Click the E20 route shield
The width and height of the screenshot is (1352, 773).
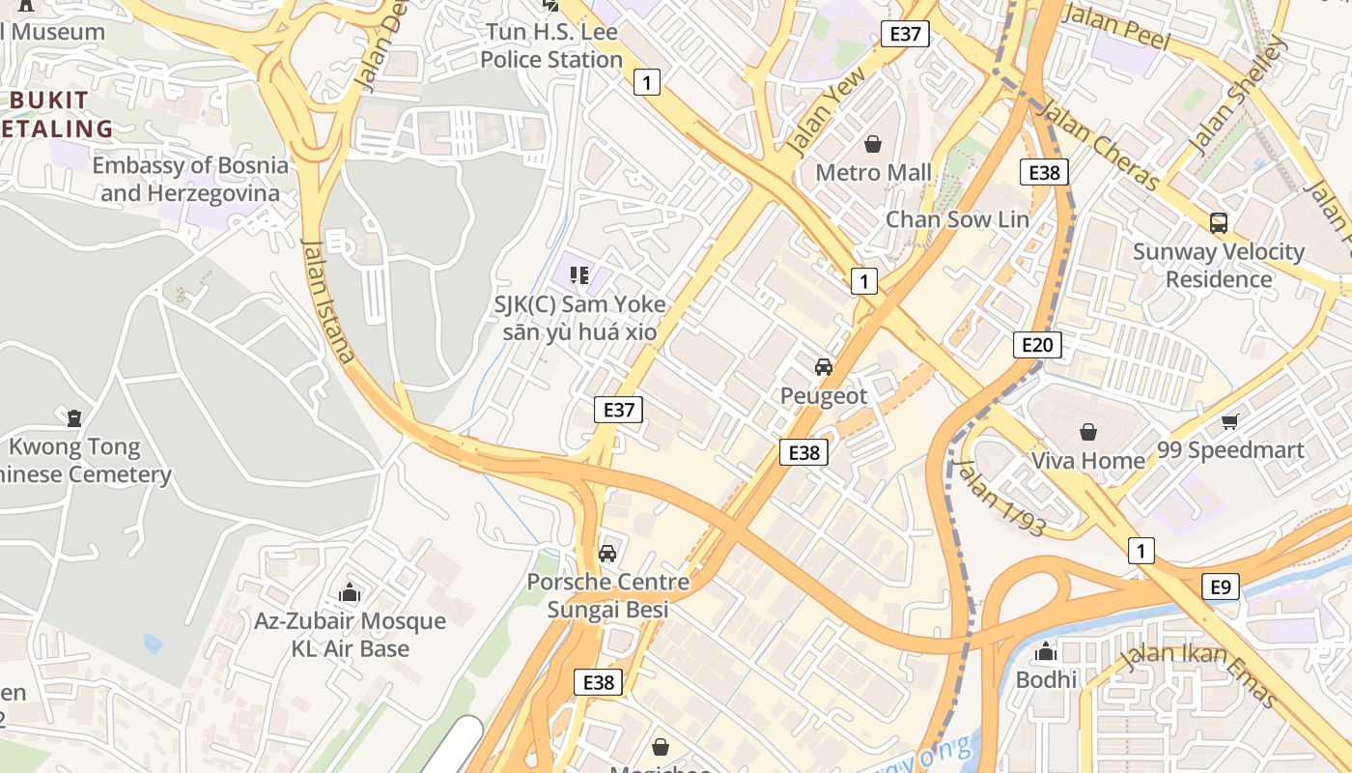[1038, 345]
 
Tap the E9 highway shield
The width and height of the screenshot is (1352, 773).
[1221, 587]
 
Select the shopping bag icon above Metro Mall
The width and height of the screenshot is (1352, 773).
[873, 144]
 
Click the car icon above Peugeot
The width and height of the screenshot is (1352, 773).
[823, 367]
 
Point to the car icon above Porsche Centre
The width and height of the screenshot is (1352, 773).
[607, 554]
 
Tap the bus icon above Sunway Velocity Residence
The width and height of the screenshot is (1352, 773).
[1219, 223]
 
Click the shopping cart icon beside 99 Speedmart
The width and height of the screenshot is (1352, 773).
[1229, 421]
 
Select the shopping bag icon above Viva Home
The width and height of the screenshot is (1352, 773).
[1088, 432]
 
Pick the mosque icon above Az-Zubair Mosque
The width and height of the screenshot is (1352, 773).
[350, 592]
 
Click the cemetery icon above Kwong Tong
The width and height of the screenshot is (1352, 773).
[74, 418]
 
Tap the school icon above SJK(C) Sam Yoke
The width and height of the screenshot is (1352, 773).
[579, 276]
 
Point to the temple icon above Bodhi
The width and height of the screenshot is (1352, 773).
[1045, 652]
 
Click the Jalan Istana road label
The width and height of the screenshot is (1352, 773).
[328, 301]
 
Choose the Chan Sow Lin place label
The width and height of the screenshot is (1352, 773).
[957, 219]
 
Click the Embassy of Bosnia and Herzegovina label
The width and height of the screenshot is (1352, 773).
[190, 179]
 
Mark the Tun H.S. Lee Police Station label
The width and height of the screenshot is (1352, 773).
[551, 45]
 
